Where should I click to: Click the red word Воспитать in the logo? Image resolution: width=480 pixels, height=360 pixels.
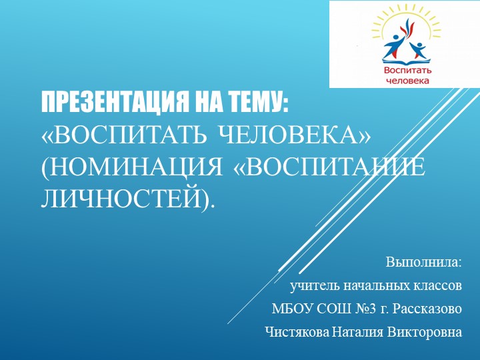[x=407, y=71]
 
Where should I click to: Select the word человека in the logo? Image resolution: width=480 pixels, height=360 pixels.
[x=407, y=81]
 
